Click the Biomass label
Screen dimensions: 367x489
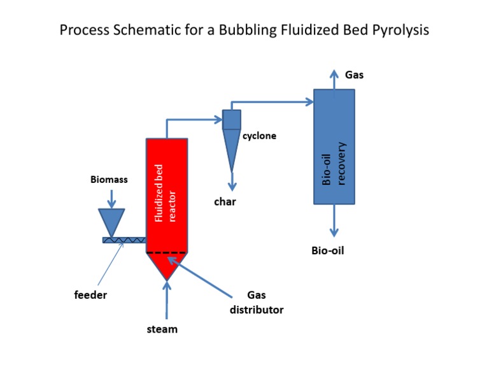[108, 180]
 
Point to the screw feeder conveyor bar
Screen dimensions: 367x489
[124, 240]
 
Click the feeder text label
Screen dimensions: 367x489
[90, 295]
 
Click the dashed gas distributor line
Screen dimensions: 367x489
[167, 253]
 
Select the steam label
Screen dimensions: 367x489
[162, 329]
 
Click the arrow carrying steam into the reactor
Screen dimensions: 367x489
[167, 300]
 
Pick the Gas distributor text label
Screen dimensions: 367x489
[256, 303]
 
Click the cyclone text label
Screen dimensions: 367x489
[259, 136]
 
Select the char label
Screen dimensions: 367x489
[225, 202]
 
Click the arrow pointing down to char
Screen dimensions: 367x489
[232, 181]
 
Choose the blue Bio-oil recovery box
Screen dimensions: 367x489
[334, 147]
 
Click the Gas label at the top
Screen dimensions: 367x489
[355, 75]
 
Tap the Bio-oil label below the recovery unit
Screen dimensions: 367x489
[327, 250]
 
